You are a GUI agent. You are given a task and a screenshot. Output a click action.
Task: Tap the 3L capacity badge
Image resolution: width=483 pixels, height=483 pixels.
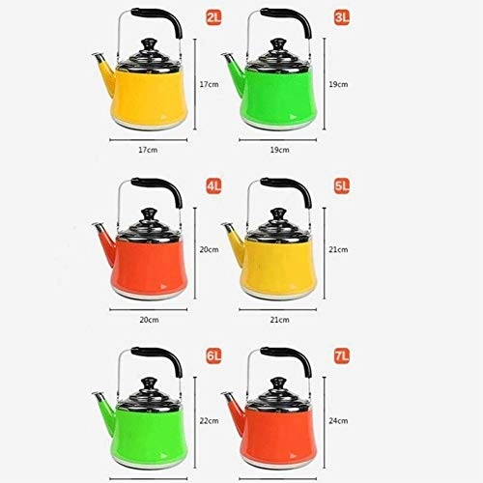[315, 18]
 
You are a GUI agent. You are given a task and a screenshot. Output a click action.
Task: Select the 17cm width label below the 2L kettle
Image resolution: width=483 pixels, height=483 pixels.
[146, 149]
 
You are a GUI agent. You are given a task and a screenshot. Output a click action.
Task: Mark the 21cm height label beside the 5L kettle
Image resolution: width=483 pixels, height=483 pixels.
[339, 248]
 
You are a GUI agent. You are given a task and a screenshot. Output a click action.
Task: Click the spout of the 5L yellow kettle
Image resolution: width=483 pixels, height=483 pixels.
[230, 230]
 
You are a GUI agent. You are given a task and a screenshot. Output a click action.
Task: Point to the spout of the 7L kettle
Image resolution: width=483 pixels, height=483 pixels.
[230, 396]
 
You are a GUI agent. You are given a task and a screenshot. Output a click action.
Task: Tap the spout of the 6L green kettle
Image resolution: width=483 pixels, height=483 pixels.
[99, 397]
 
